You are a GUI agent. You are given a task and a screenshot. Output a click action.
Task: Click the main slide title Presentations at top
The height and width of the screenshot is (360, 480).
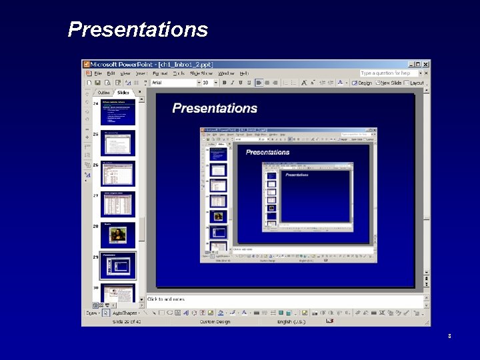tap(138, 30)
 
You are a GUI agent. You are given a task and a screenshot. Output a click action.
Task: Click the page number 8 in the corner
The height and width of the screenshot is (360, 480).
tap(449, 337)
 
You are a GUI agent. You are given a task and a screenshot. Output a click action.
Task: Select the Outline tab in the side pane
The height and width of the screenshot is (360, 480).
tap(104, 93)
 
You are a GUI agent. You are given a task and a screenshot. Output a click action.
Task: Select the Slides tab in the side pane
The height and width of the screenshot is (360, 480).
tap(123, 93)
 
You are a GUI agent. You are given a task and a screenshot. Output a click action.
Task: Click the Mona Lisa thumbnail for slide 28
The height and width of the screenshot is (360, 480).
tap(118, 234)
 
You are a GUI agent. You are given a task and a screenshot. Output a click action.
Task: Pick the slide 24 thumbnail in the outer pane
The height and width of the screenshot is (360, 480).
tap(117, 112)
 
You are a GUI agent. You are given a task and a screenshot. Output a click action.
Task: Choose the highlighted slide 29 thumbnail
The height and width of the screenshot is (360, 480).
tap(117, 265)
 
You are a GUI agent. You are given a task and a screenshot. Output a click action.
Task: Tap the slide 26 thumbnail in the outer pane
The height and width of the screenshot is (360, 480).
tap(117, 173)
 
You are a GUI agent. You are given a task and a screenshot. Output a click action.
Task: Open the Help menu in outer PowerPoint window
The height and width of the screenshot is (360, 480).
tap(244, 73)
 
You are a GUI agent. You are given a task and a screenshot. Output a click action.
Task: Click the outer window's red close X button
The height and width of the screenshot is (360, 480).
tap(426, 64)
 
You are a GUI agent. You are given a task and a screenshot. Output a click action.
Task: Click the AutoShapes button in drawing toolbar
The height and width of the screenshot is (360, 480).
tap(125, 312)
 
